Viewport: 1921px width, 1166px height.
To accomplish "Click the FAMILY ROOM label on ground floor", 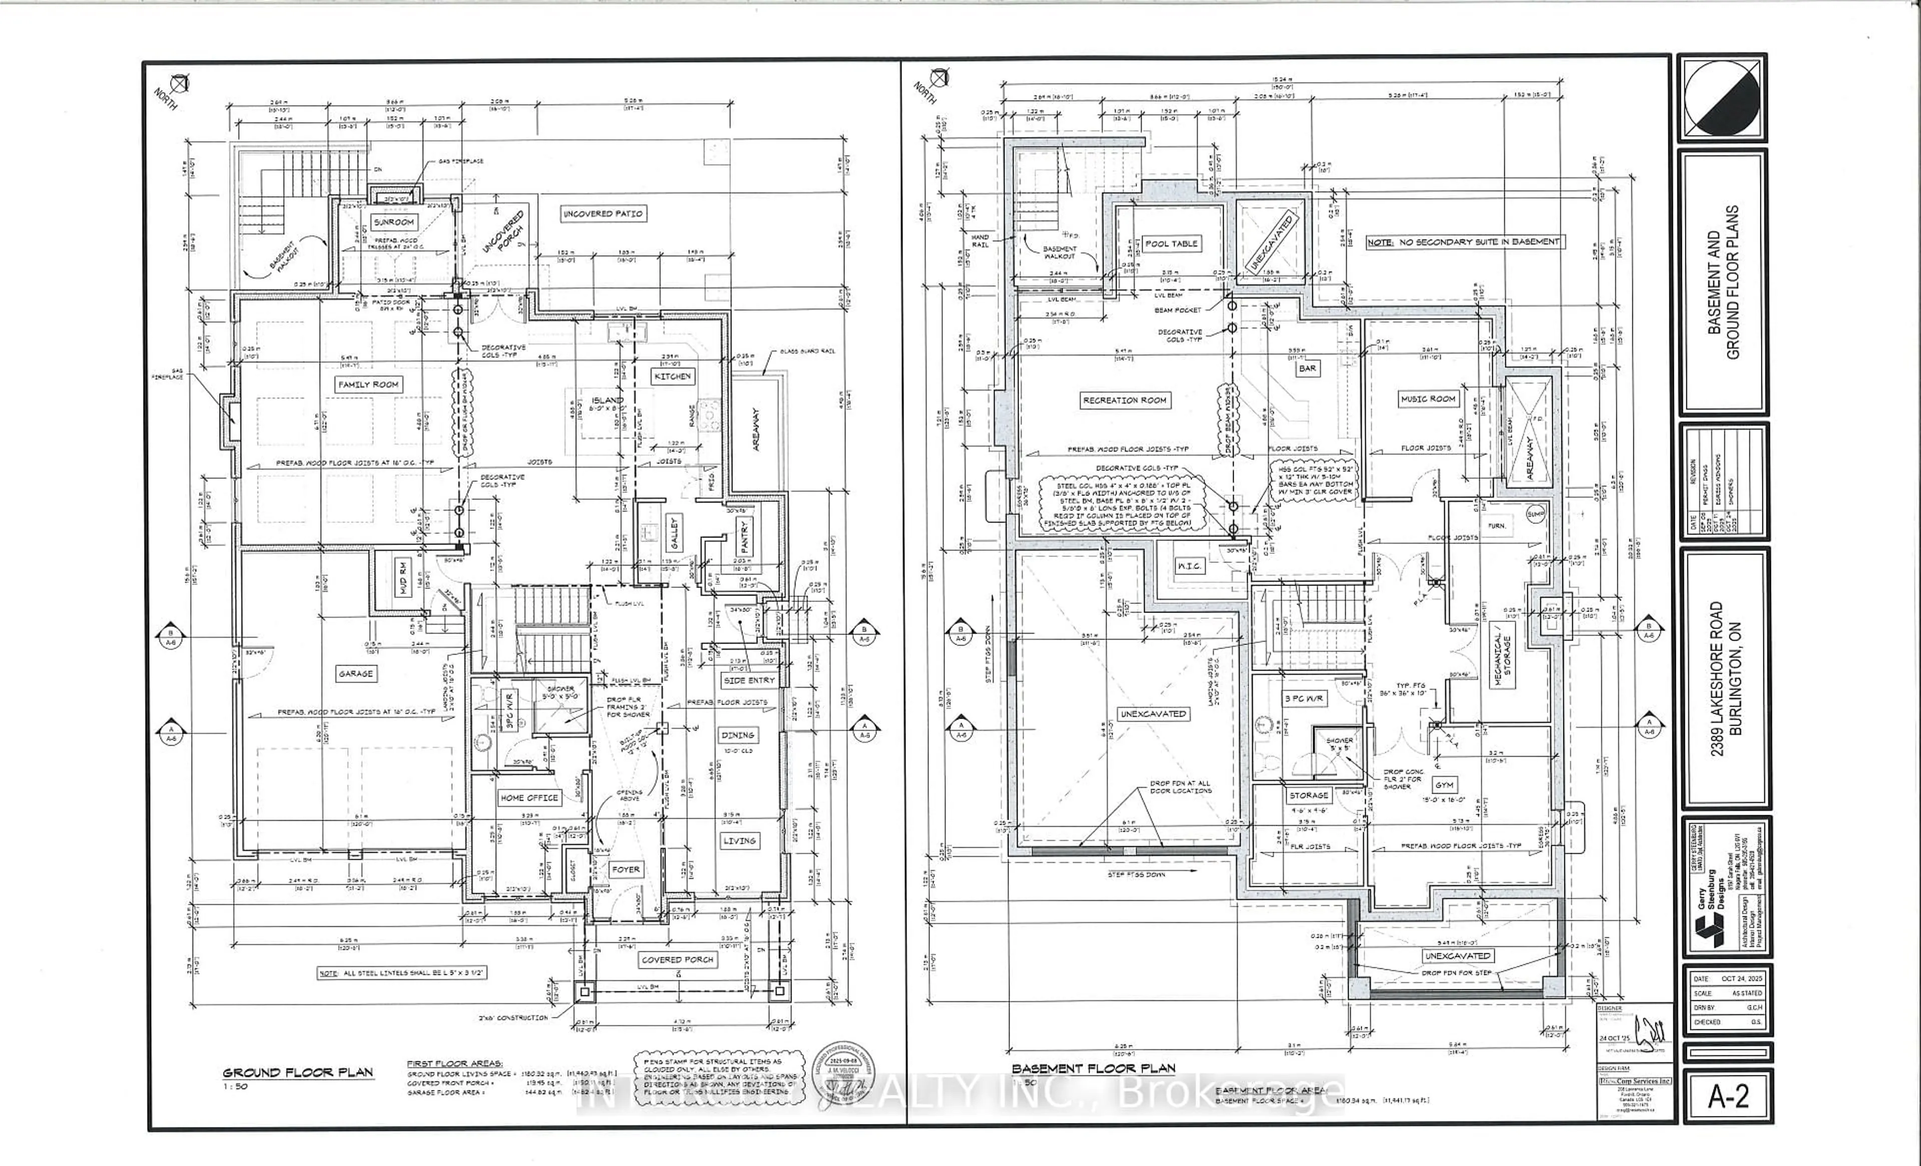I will tap(368, 384).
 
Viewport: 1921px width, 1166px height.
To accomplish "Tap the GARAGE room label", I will tap(356, 673).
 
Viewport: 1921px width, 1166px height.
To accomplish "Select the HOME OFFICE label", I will tap(529, 798).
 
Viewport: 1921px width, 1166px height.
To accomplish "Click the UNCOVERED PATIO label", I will tap(603, 213).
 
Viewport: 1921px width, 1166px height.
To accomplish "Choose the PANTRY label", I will tap(744, 536).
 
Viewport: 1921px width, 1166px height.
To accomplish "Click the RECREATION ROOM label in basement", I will tap(1124, 400).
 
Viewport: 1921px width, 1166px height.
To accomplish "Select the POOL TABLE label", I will tap(1171, 243).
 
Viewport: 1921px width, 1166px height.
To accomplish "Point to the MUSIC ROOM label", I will tap(1428, 398).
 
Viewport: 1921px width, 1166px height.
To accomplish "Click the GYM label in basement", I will tap(1444, 785).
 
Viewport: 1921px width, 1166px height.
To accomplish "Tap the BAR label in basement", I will tap(1308, 368).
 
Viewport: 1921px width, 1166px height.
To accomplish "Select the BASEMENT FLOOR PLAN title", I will tap(1093, 1068).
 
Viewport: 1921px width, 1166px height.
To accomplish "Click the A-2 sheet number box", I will tap(1728, 1096).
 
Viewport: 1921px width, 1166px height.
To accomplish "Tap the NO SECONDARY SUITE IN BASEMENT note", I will tap(1465, 242).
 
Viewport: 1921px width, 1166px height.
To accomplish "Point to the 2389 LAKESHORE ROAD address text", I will tap(1716, 679).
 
